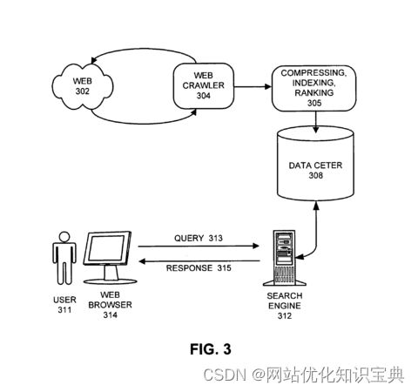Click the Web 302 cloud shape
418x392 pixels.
pos(83,86)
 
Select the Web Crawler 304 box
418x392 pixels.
pos(204,86)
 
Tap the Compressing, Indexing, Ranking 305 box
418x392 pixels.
pos(313,88)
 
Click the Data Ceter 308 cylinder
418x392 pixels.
pos(315,164)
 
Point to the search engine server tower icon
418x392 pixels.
pos(285,258)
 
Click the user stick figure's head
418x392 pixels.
pos(64,237)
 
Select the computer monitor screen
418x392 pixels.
pos(107,247)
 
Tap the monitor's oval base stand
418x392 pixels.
pos(111,281)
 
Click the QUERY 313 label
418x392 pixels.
pos(199,238)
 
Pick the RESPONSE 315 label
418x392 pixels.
pos(199,267)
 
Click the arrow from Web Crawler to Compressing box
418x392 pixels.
pos(253,86)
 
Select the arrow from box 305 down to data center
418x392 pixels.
pos(316,122)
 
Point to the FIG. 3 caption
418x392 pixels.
pos(211,349)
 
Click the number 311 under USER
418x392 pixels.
pos(64,310)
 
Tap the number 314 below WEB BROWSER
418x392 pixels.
pos(111,314)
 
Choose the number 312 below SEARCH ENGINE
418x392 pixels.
pos(285,315)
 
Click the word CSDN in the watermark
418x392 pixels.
pos(225,375)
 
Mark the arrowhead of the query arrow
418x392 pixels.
pos(255,246)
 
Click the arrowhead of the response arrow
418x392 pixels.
pos(142,261)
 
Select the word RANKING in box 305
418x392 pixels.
pos(314,93)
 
